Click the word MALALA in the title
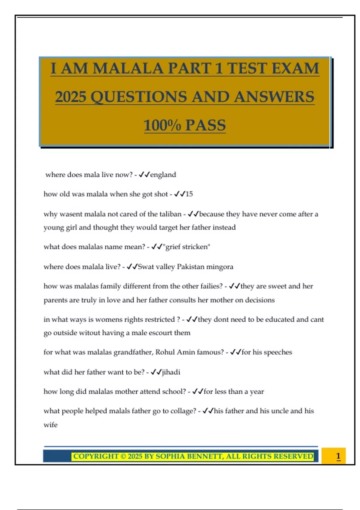point(128,68)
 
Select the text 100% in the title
point(162,125)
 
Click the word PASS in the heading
point(205,125)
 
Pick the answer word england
point(163,175)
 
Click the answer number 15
point(189,194)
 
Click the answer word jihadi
point(171,372)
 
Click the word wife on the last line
point(50,425)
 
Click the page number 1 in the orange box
point(338,456)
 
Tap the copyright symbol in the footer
point(123,456)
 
